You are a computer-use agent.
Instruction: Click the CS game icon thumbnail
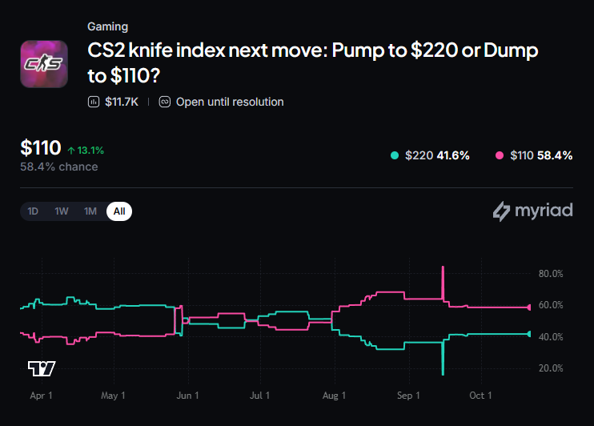pos(44,64)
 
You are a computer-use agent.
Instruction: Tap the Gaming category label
pos(107,26)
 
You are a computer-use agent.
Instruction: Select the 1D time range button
pos(33,211)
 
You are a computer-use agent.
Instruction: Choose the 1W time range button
pos(62,211)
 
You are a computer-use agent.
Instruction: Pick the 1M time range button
pos(90,211)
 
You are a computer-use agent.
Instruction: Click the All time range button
pos(119,211)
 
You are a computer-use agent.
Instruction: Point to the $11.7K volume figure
pos(122,102)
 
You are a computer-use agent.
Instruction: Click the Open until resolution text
pos(230,102)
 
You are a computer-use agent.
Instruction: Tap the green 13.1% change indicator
pos(86,151)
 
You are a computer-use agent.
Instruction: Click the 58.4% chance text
pos(59,167)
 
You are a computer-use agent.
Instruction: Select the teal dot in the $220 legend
pos(395,155)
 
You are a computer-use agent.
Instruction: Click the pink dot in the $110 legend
pos(500,155)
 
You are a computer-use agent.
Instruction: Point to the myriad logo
pos(532,211)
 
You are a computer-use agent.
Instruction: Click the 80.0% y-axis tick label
pos(551,274)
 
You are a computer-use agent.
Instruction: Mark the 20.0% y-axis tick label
pos(551,368)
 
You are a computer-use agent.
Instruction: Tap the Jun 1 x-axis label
pos(187,396)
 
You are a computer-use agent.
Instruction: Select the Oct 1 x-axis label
pos(480,396)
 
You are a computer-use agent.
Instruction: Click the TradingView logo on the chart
pos(42,368)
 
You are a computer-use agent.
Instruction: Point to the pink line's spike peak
pos(443,267)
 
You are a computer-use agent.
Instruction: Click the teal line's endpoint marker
pos(529,334)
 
